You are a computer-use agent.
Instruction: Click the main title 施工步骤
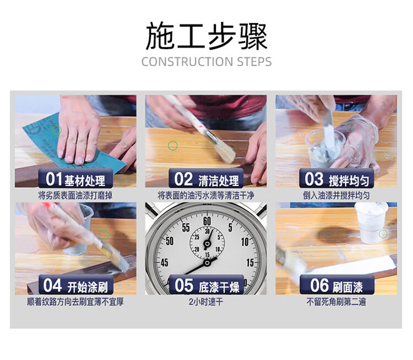(206, 36)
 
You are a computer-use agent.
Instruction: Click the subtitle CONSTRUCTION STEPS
(206, 62)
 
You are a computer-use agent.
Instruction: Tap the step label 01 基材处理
(75, 179)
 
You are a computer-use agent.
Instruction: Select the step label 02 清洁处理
(206, 179)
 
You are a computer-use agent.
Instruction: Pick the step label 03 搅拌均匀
(336, 179)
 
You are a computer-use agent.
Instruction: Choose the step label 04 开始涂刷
(75, 286)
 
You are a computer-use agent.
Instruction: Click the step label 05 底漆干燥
(206, 286)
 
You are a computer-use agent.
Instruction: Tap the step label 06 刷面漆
(336, 286)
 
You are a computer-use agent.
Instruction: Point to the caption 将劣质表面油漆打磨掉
(75, 195)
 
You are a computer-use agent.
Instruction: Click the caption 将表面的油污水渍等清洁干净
(206, 195)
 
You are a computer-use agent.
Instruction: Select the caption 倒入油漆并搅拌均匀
(336, 195)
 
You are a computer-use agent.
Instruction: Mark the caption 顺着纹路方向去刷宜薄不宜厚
(75, 302)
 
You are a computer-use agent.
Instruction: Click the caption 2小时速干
(206, 302)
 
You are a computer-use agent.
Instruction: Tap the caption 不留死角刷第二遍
(336, 302)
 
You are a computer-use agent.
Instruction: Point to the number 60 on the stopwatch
(207, 221)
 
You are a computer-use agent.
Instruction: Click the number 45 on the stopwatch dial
(165, 262)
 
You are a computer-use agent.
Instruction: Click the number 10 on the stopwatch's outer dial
(245, 241)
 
